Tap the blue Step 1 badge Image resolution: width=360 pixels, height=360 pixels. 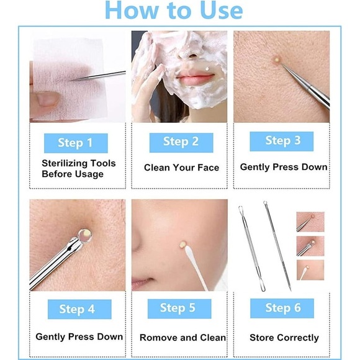coord(75,143)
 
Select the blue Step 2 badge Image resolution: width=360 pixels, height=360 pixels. coord(181,142)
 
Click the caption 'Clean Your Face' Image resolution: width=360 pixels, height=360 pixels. coord(181,168)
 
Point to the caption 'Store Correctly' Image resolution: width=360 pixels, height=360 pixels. coord(284,338)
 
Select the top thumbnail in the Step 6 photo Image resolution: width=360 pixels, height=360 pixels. coord(310,221)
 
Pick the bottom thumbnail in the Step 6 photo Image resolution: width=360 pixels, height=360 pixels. coord(310,269)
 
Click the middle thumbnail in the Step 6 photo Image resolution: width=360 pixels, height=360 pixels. coord(310,246)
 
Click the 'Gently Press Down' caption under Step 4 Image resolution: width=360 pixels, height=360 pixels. coord(79,337)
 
